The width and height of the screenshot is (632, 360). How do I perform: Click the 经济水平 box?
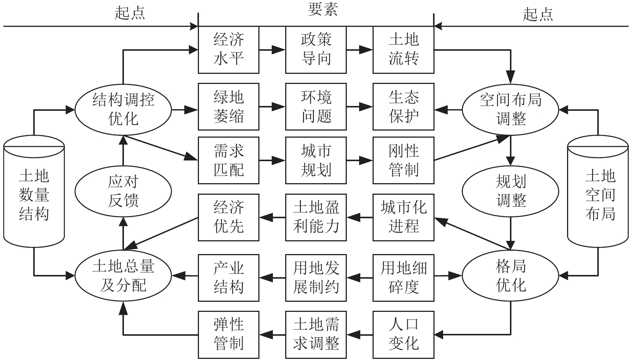pos(228,50)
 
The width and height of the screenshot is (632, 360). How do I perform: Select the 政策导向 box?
pos(316,50)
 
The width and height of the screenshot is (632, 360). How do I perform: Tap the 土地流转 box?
pos(403,50)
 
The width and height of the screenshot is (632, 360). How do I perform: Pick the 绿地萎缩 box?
pos(228,107)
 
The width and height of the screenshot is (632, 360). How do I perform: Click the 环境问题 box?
pos(316,107)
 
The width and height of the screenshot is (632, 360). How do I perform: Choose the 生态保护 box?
pos(403,107)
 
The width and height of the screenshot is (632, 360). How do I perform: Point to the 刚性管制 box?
pos(403,160)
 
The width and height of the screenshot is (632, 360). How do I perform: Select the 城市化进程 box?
pos(403,217)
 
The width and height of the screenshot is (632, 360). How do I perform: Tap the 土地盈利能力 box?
pos(316,217)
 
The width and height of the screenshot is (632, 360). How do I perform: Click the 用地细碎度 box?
pos(403,278)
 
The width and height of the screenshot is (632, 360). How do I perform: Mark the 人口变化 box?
pos(403,334)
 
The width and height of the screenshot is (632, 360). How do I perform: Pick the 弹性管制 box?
pos(228,334)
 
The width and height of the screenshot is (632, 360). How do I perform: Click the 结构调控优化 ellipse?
pos(123,110)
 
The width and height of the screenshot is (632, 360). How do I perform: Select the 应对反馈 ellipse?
pos(123,191)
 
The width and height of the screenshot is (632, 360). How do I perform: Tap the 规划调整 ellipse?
pos(510,191)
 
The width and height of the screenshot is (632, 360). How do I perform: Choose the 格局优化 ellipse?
pos(510,276)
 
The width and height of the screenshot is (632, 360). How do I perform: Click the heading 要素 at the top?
pos(323,10)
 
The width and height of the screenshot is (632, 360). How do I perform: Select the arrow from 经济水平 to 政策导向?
pos(272,50)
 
